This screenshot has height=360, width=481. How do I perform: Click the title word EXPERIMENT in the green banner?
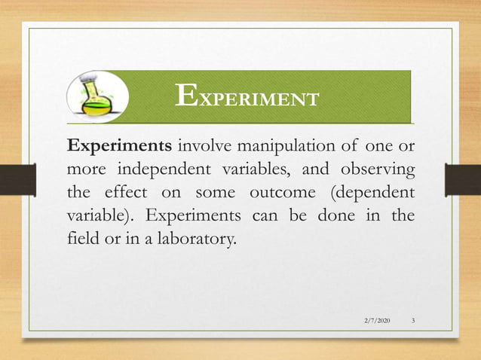[247, 96]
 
